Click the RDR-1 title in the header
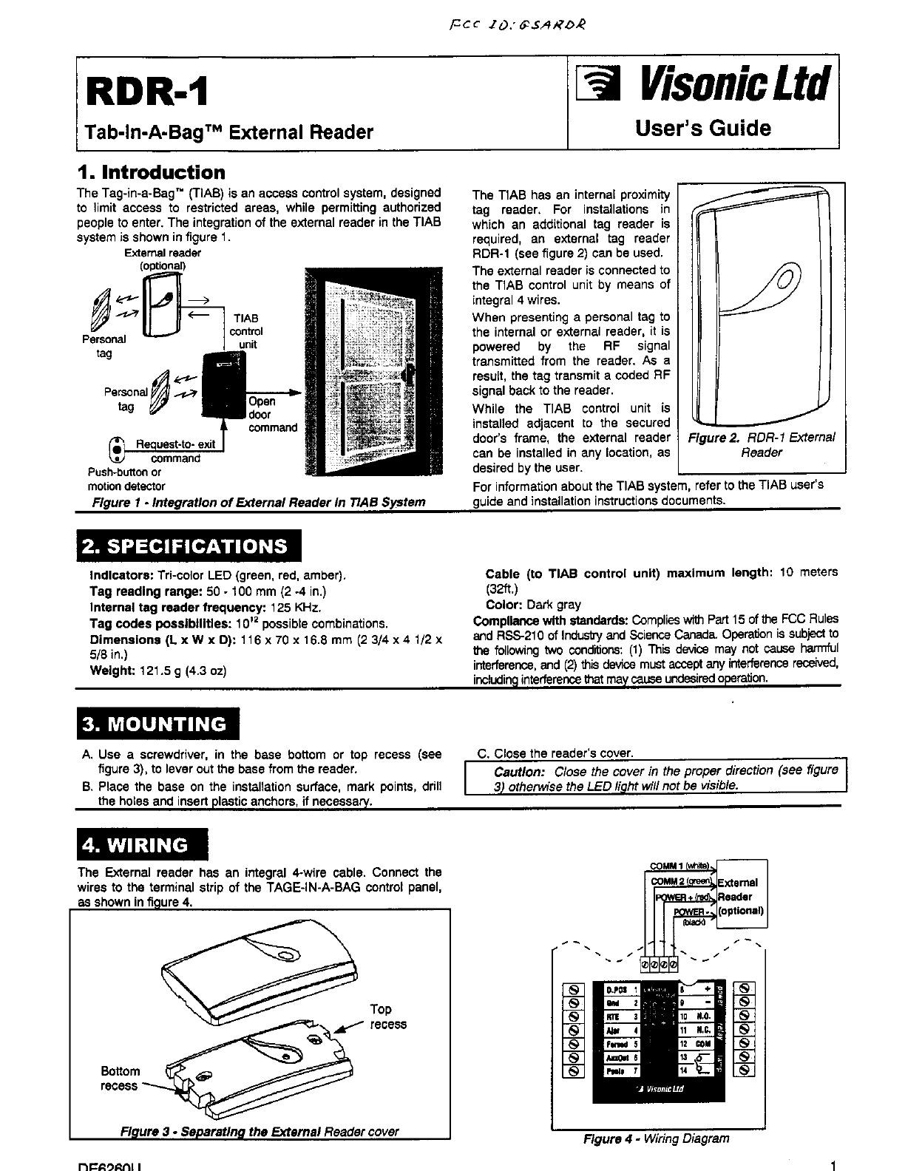click(x=146, y=92)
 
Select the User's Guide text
click(x=703, y=128)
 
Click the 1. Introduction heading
click(x=152, y=172)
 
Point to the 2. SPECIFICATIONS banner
click(x=186, y=547)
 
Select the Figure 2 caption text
click(x=762, y=444)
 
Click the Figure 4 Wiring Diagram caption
click(x=656, y=1138)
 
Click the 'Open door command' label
click(x=272, y=415)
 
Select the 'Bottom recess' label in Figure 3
click(x=120, y=1078)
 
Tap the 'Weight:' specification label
click(x=109, y=671)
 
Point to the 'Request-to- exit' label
click(x=175, y=444)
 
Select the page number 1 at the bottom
click(x=833, y=1165)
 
